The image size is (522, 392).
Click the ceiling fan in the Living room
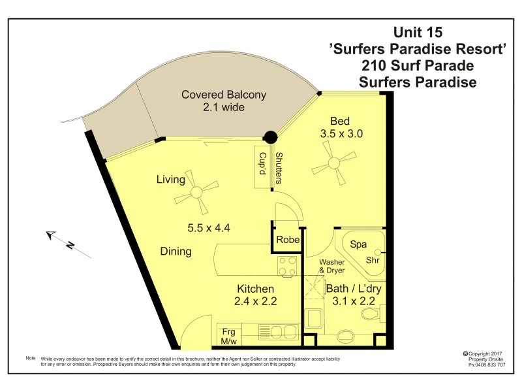coord(197,192)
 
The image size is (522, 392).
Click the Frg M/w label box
coord(228,336)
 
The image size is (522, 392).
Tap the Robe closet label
coord(288,240)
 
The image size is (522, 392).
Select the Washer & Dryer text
coord(331,266)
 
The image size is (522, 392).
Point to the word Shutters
coord(279,168)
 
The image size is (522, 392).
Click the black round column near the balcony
coord(269,138)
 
